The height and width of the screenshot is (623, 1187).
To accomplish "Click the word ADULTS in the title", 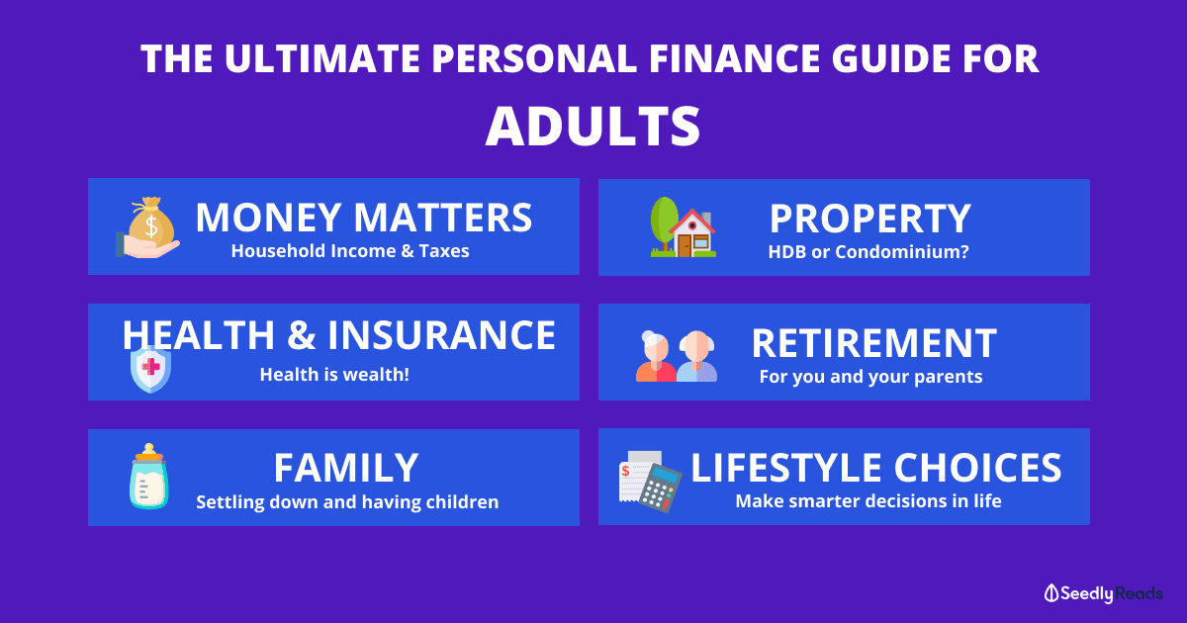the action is pos(593,127).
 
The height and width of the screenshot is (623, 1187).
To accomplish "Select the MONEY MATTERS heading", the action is pos(364,218).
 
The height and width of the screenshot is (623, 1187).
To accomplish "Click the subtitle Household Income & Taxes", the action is pos(350,251).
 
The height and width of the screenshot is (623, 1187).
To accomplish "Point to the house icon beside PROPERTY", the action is pos(692,233).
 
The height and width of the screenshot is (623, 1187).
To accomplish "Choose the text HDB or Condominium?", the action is pos(868,251).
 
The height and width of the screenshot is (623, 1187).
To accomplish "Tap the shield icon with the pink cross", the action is pos(151,369).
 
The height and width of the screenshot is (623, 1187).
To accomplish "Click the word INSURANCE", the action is pos(441,335).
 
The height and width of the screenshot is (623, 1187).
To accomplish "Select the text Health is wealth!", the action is pos(334,375).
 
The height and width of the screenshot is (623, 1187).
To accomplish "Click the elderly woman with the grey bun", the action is pos(656,356).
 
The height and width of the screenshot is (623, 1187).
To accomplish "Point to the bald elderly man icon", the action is pos(696,356).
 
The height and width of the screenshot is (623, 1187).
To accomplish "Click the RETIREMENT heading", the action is pos(874,343).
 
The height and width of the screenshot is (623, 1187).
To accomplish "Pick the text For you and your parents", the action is pos(870,377).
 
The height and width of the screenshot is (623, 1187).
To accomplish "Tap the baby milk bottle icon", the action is pos(149,477).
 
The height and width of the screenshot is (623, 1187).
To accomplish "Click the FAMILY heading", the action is pos(346,468).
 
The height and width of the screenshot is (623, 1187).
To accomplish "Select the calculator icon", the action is pos(660,488).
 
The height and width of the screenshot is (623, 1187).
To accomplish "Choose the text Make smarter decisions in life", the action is pos(868,501).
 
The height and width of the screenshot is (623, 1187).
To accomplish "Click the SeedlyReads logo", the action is pos(1103,593).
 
